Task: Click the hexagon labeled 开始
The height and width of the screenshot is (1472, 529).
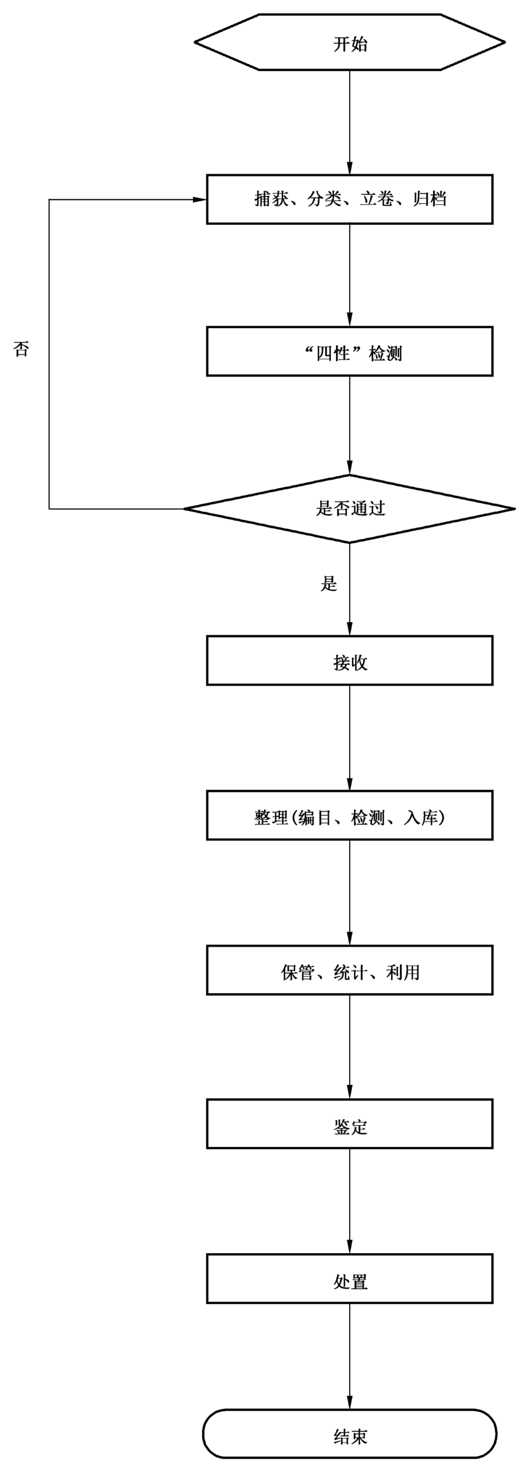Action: tap(350, 42)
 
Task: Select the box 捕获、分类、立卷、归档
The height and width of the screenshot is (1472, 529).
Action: tap(350, 199)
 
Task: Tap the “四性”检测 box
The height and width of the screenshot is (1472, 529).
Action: tap(350, 351)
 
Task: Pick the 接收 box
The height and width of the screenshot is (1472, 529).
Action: tap(350, 661)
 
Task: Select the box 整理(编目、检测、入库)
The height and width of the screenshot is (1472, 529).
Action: tap(350, 816)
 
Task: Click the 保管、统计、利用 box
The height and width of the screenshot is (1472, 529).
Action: tap(350, 970)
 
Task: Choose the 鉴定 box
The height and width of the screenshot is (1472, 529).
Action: tap(350, 1124)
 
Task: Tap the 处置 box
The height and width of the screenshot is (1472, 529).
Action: tap(350, 1279)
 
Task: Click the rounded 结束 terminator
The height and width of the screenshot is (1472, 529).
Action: tap(350, 1434)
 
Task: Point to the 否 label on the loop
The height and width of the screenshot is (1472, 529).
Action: tap(21, 349)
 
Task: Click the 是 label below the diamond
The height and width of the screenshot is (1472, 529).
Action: tap(329, 583)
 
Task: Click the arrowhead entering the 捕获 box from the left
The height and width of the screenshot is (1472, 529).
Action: tap(199, 200)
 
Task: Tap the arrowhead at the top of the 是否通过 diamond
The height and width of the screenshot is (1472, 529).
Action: tap(350, 468)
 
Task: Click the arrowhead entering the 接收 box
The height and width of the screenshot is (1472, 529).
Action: tap(350, 628)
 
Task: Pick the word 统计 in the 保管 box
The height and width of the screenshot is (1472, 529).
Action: tap(350, 972)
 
